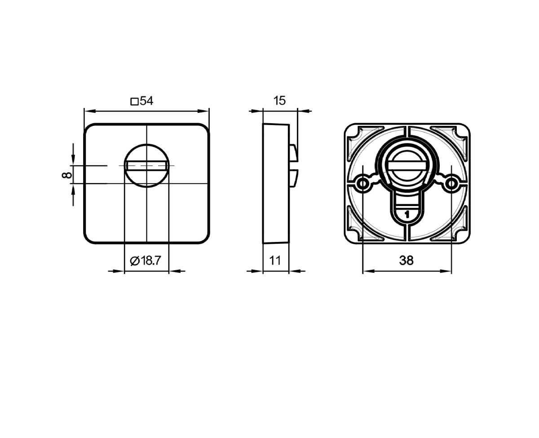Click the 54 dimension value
click(146, 101)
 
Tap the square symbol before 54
click(134, 102)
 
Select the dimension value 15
click(279, 101)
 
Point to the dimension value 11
click(275, 260)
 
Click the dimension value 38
click(406, 260)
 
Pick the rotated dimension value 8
click(67, 175)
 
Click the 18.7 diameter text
click(150, 260)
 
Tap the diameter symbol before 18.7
click(135, 261)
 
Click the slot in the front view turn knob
click(146, 166)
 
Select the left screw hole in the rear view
click(362, 183)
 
